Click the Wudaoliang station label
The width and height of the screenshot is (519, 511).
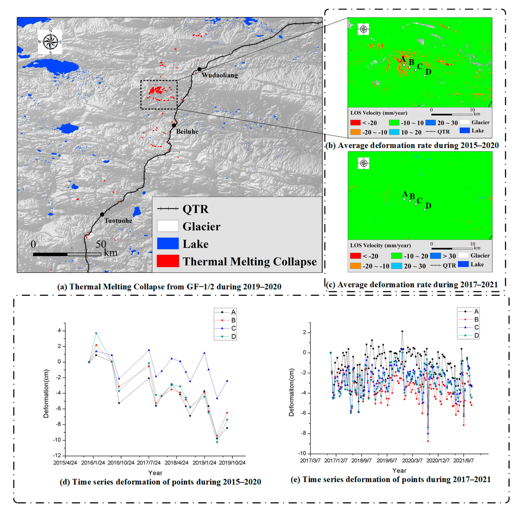tap(220, 75)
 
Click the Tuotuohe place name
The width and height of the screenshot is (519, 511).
tap(118, 221)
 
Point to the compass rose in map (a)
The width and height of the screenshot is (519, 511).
tap(50, 42)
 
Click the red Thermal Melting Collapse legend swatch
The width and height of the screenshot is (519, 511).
tap(168, 261)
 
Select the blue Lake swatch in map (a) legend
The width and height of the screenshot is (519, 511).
tap(168, 243)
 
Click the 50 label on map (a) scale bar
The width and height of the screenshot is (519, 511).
tap(101, 244)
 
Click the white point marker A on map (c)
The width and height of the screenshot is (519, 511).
tap(404, 199)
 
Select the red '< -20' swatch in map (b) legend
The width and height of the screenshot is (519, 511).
tap(355, 123)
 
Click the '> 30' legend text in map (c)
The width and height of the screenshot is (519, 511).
tap(449, 256)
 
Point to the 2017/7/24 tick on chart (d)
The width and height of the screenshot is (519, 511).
tap(149, 463)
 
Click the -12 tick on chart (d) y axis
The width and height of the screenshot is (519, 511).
tap(57, 455)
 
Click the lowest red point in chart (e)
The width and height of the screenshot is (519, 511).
tap(428, 441)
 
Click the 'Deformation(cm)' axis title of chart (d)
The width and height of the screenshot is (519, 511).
tap(46, 394)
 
